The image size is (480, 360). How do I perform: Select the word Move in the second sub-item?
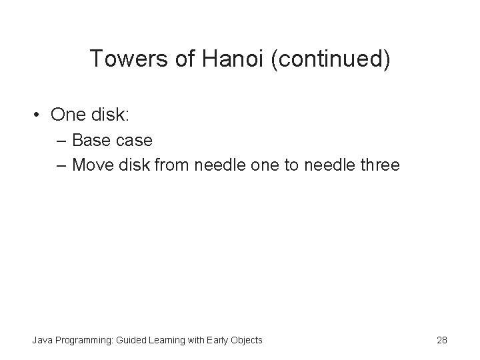[x=92, y=164]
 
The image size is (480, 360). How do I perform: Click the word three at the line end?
[x=378, y=164]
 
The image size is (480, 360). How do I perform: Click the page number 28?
[x=441, y=340]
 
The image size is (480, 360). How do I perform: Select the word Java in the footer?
[x=43, y=340]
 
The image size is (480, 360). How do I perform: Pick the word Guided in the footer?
[x=131, y=340]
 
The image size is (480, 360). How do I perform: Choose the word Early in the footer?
[x=217, y=340]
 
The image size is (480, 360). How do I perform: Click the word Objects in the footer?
[x=247, y=340]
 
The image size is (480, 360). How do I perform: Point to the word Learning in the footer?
[x=167, y=340]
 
